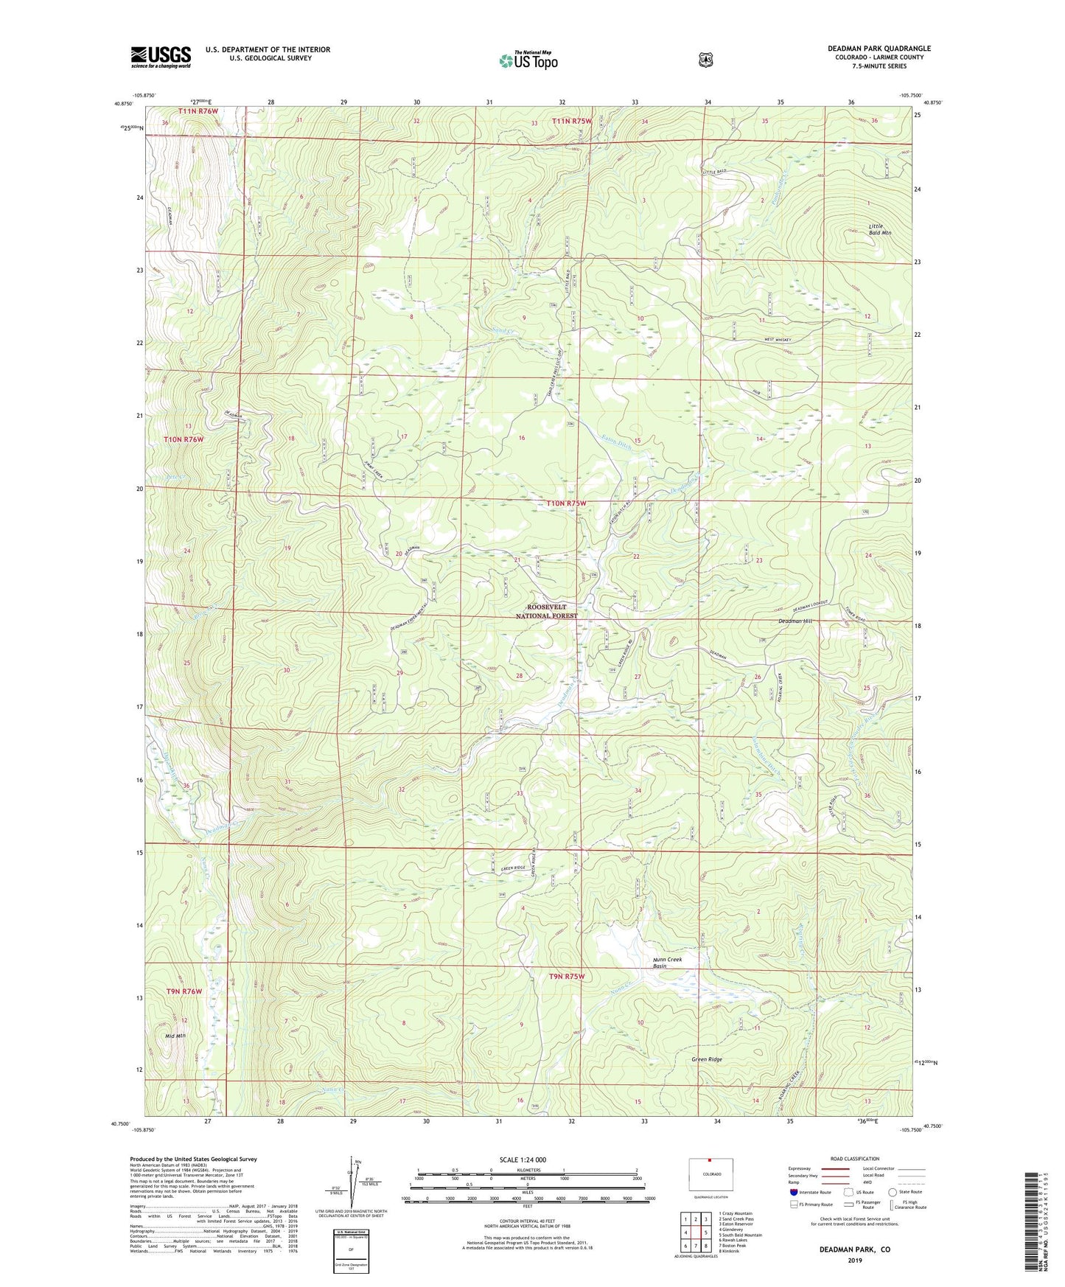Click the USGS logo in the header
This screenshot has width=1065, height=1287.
(161, 56)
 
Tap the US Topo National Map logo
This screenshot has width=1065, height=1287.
(528, 60)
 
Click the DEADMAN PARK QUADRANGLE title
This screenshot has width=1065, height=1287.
(879, 49)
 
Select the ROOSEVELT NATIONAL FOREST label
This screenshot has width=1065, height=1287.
(546, 611)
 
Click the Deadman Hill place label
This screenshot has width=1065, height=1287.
(795, 621)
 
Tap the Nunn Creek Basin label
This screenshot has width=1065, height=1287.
(667, 963)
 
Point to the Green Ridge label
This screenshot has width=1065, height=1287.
(706, 1059)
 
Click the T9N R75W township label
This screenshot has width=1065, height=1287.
(566, 976)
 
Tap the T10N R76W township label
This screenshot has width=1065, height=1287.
(183, 439)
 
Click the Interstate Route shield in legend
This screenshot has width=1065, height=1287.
(793, 1191)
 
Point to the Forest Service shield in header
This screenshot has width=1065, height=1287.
(705, 59)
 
